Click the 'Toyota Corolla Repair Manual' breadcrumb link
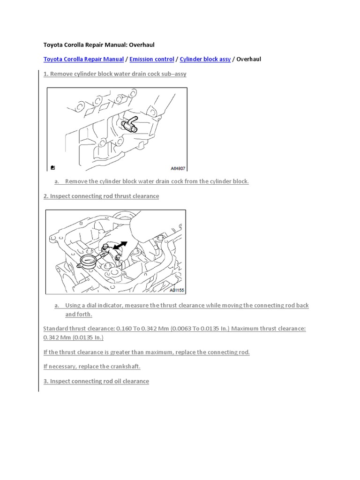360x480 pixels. pos(83,59)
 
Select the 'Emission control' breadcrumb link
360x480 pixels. pos(151,59)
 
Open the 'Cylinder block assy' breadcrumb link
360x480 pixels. pos(205,59)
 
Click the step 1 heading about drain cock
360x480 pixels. pos(115,74)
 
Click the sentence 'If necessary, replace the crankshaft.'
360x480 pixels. pos(92,367)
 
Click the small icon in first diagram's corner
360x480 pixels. pos(52,167)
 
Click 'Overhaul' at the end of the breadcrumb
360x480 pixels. pos(248,59)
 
